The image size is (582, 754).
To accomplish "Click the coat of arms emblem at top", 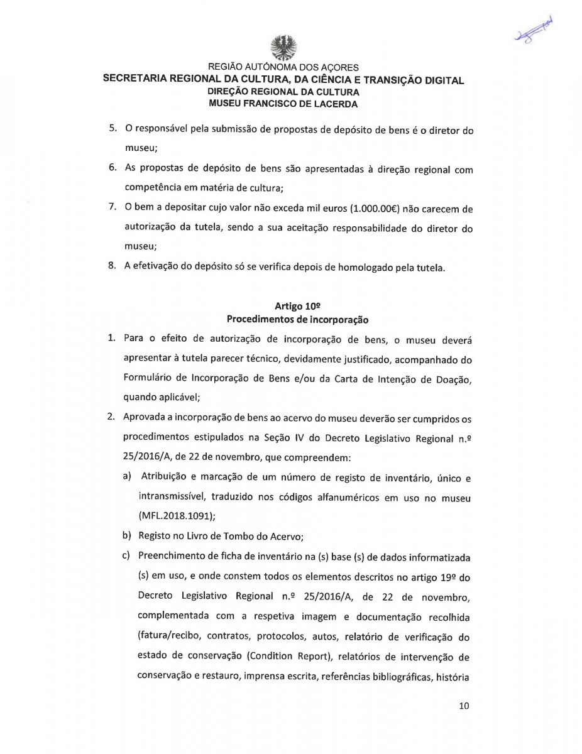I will tap(283, 46).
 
